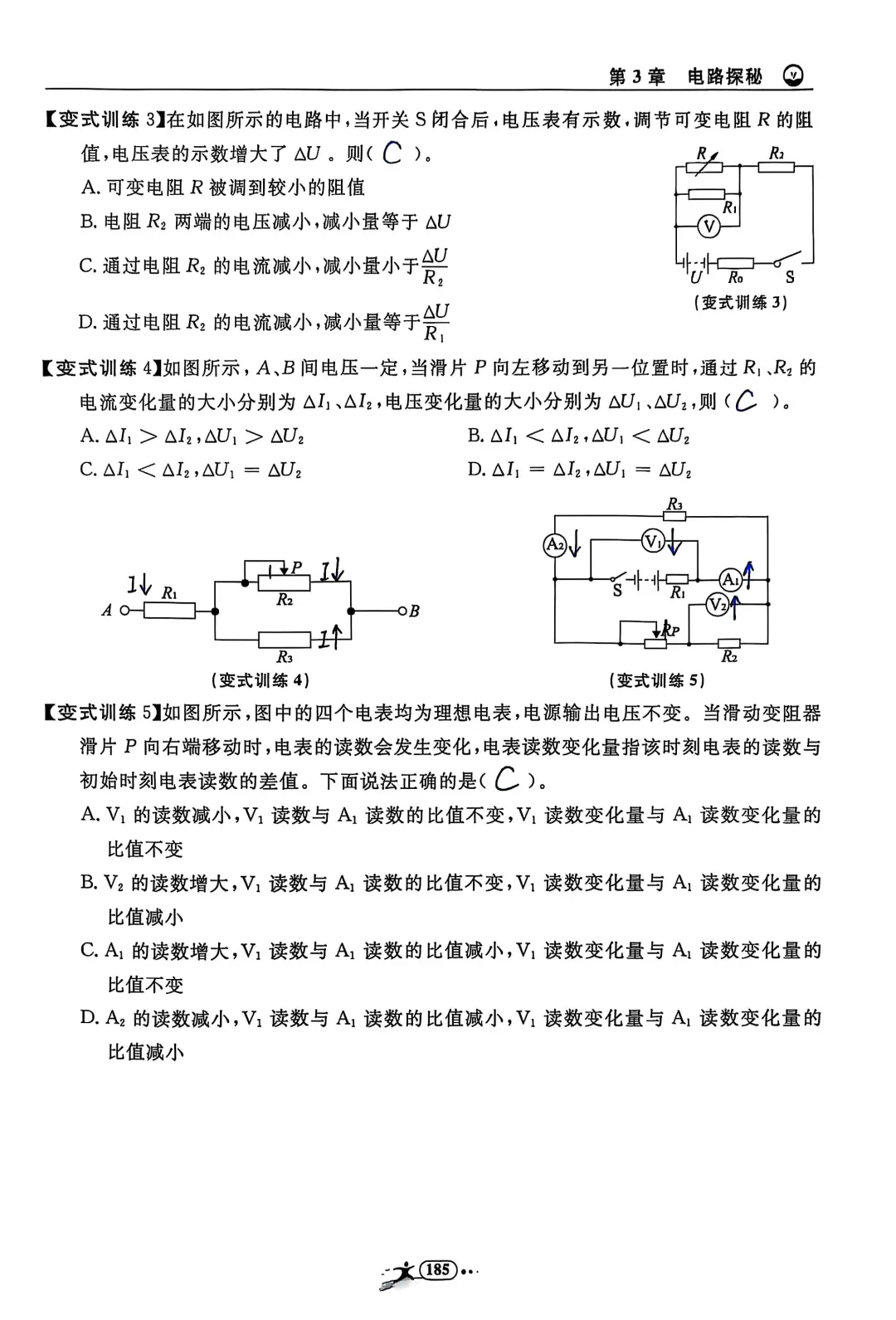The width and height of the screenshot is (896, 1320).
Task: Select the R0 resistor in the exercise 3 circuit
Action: pyautogui.click(x=734, y=261)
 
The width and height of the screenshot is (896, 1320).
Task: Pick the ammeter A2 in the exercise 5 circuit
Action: pyautogui.click(x=554, y=544)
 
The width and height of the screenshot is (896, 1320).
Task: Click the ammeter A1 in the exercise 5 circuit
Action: pyautogui.click(x=729, y=579)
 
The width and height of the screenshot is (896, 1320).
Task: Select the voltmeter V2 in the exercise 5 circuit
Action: pyautogui.click(x=718, y=606)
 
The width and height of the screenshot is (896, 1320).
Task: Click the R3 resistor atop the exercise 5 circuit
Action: pyautogui.click(x=674, y=516)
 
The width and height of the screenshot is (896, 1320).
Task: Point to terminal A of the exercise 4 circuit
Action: pyautogui.click(x=125, y=611)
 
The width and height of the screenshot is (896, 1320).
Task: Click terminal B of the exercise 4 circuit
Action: pyautogui.click(x=402, y=611)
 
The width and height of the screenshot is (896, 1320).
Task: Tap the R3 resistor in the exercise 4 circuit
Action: pyautogui.click(x=284, y=640)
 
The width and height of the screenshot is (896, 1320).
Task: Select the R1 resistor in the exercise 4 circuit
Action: pyautogui.click(x=170, y=611)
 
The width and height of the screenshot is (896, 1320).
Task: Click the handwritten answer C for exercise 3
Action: pyautogui.click(x=393, y=153)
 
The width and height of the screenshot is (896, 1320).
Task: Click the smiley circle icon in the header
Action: pyautogui.click(x=794, y=76)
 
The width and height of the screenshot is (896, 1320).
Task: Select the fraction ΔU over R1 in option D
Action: pyautogui.click(x=436, y=323)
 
